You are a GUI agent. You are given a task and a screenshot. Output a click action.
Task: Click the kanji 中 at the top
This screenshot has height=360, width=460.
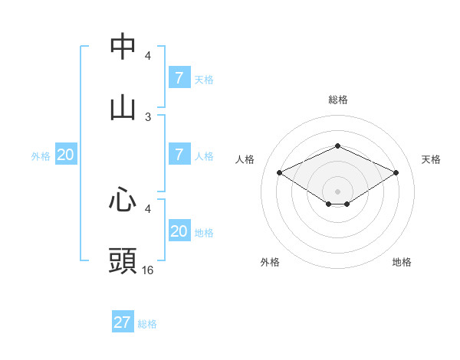pos(123,47)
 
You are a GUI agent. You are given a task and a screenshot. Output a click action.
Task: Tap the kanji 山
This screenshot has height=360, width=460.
pos(123,107)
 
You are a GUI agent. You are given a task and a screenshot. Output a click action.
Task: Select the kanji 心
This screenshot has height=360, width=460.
pos(123,200)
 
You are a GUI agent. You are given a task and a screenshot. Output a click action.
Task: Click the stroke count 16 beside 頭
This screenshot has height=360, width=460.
pos(148,270)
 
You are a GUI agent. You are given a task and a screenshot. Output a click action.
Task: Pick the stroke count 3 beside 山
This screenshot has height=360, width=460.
pos(148,116)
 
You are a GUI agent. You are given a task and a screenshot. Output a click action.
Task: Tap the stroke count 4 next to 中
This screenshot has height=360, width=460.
pos(148,56)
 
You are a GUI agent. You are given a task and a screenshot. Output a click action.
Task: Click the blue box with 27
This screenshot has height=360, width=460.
pos(123,322)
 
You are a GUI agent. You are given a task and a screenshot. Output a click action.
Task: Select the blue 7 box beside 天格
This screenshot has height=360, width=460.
pos(179,78)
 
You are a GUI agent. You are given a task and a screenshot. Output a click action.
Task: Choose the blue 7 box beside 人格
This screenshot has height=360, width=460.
pos(179,155)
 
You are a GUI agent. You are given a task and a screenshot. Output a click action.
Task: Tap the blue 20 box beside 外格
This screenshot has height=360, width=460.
pos(65,155)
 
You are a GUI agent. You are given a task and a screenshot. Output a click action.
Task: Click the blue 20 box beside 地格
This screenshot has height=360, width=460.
pos(179,231)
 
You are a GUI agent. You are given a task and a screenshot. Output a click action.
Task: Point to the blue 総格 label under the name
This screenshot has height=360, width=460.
pos(147,324)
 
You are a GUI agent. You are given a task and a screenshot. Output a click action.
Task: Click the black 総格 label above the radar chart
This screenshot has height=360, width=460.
pos(337,100)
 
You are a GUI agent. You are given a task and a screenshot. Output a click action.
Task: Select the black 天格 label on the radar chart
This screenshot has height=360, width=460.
pos(432,159)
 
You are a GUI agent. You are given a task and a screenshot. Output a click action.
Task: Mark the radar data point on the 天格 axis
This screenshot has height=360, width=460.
pos(396,173)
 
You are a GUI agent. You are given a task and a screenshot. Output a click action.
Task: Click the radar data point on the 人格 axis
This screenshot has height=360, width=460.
pos(280,173)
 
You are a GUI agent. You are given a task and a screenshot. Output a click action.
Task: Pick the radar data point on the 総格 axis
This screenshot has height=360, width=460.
pos(337,146)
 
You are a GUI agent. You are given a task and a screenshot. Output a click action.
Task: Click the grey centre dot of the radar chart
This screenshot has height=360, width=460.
pos(337,191)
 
